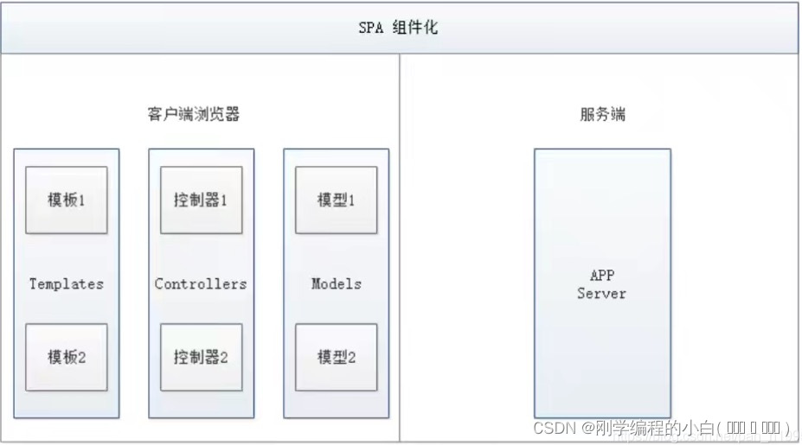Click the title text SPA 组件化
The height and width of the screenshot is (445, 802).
point(399,28)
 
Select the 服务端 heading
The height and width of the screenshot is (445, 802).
point(602,114)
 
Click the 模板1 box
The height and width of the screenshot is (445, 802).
point(67,200)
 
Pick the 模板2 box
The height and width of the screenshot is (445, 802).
point(67,357)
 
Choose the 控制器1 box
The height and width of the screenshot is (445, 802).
point(201,200)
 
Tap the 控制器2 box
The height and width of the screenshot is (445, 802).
point(201,357)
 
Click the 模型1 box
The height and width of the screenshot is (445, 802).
point(336,200)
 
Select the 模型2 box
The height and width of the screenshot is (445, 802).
point(336,357)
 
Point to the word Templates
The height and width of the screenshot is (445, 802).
point(67,283)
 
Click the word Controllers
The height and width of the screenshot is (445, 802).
point(201,283)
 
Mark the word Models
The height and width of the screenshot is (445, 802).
point(336,283)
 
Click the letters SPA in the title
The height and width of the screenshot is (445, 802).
point(370,28)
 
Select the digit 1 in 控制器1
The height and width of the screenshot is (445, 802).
point(223,200)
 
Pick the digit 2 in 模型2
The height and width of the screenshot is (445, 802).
point(352,357)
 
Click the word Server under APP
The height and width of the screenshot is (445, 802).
point(601,294)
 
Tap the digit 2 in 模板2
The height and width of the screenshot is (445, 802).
point(82,357)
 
